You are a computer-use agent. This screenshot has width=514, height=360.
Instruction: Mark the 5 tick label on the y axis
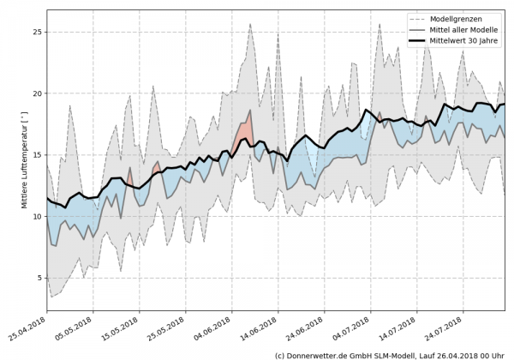point(39,279)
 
